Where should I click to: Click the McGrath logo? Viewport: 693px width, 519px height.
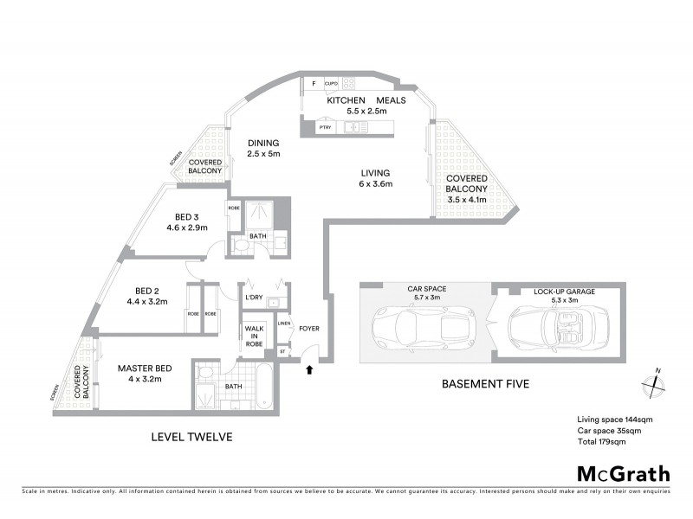(x=623, y=473)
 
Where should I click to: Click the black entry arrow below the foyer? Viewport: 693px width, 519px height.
(x=309, y=370)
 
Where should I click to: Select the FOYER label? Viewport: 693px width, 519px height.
(x=309, y=329)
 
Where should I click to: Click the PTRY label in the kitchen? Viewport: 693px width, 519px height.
(x=326, y=129)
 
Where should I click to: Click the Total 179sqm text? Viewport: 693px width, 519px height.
(x=601, y=441)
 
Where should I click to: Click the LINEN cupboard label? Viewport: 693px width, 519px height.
(x=283, y=324)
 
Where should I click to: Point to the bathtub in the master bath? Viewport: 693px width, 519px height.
(x=264, y=386)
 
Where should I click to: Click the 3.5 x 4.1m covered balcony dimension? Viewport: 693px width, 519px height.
(x=466, y=200)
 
